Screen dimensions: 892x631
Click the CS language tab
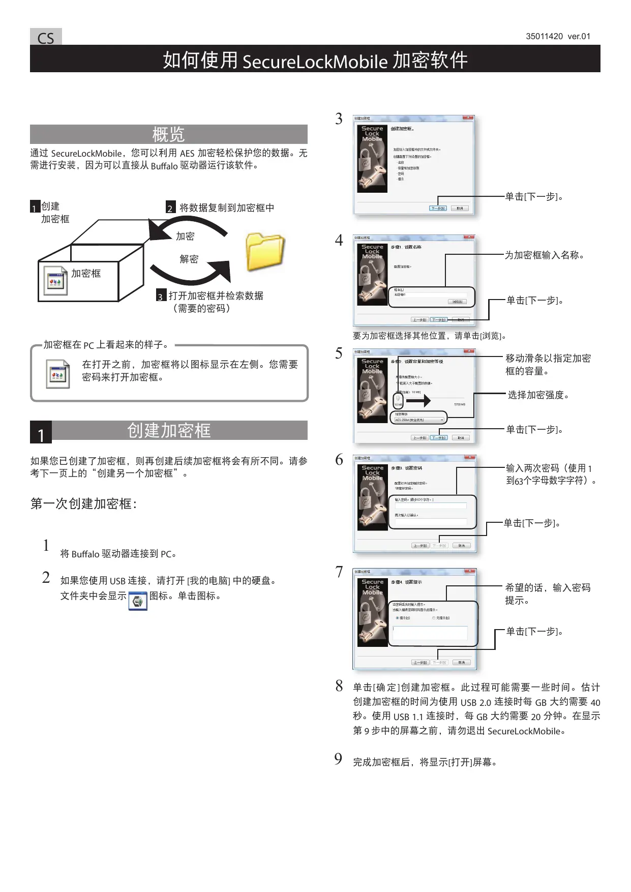click(x=46, y=38)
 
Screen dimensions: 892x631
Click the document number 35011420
click(x=544, y=37)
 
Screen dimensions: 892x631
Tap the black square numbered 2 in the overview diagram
click(x=170, y=208)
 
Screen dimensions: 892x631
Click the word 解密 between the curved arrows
click(x=189, y=259)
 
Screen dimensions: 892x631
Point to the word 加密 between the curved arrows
click(x=185, y=236)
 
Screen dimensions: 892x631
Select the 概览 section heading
click(x=168, y=134)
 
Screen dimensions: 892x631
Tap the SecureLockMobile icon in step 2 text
click(x=137, y=601)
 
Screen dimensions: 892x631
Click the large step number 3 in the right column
click(x=339, y=119)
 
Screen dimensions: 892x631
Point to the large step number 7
click(x=339, y=572)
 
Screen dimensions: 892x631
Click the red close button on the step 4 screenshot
click(x=470, y=237)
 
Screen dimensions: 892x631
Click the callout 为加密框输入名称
click(x=544, y=255)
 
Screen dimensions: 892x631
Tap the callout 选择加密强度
click(x=538, y=395)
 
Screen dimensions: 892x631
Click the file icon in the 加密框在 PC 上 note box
click(x=57, y=374)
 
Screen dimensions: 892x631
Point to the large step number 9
click(x=338, y=759)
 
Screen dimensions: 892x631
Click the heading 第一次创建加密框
click(x=83, y=504)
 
